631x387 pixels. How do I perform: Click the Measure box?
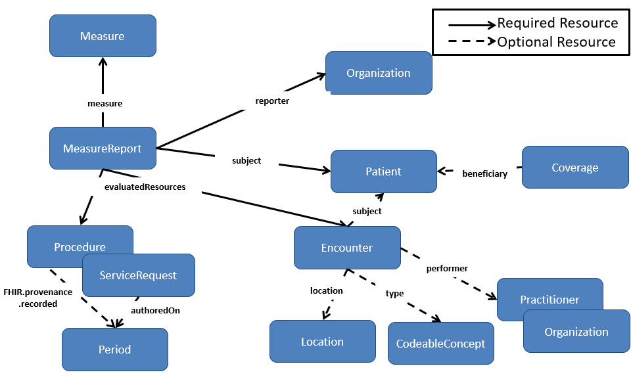pyautogui.click(x=103, y=36)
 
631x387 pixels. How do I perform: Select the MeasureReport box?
pyautogui.click(x=103, y=148)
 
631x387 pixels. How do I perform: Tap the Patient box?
pyautogui.click(x=383, y=171)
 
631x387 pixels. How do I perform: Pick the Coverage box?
pyautogui.click(x=574, y=168)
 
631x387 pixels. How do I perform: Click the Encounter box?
pyautogui.click(x=346, y=248)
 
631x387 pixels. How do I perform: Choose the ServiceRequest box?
pyautogui.click(x=138, y=275)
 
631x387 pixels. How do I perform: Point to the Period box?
pyautogui.click(x=114, y=350)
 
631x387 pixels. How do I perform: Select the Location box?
pyautogui.click(x=322, y=342)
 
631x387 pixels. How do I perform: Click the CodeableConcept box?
pyautogui.click(x=440, y=344)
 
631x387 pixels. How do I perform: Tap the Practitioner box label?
pyautogui.click(x=549, y=300)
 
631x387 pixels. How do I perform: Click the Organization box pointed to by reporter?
pyautogui.click(x=378, y=73)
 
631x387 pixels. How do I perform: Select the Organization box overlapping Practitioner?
pyautogui.click(x=576, y=332)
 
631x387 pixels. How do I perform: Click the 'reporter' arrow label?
pyautogui.click(x=272, y=101)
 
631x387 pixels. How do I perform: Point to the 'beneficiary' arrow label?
pyautogui.click(x=484, y=174)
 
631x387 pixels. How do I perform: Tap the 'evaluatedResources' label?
pyautogui.click(x=145, y=187)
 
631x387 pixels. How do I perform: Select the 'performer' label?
pyautogui.click(x=447, y=269)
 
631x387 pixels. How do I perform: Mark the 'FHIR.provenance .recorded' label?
pyautogui.click(x=37, y=298)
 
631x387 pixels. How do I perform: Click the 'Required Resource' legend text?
pyautogui.click(x=557, y=23)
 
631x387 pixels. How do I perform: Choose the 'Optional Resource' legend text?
pyautogui.click(x=556, y=42)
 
